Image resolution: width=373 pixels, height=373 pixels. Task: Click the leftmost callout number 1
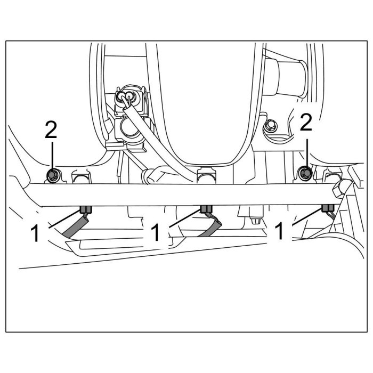(x=36, y=233)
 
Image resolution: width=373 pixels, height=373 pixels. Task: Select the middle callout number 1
(x=156, y=233)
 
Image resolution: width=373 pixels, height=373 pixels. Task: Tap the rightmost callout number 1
(x=278, y=233)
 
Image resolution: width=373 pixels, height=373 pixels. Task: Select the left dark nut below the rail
(x=85, y=208)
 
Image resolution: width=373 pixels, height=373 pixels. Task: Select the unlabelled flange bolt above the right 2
(x=271, y=126)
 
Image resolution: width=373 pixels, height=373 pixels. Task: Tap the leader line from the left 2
(x=52, y=155)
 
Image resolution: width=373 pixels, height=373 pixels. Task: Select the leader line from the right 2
(x=306, y=152)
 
